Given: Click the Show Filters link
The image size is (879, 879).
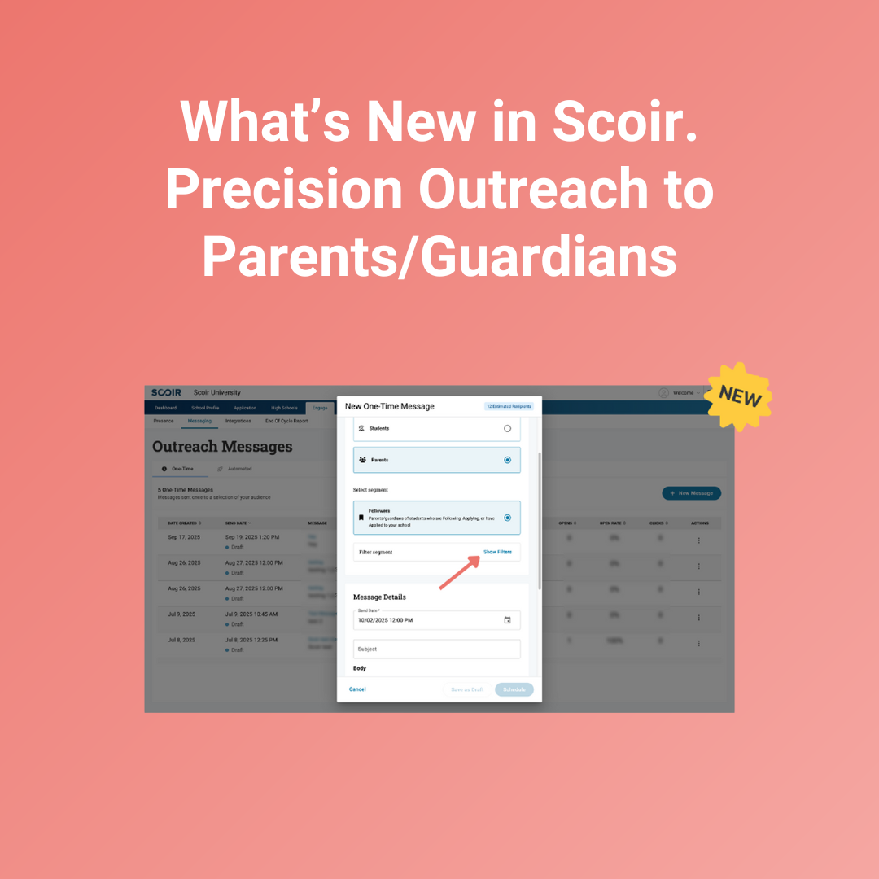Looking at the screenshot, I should click(497, 552).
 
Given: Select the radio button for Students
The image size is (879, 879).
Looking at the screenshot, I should click(508, 428).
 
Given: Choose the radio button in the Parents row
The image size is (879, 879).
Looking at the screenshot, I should click(508, 460).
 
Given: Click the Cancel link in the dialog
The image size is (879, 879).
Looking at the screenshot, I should click(357, 689).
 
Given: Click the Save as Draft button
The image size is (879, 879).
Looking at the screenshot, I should click(467, 689).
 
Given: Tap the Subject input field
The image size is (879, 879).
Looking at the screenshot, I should click(436, 649).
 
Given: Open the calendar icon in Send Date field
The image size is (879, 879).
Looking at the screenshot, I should click(507, 620).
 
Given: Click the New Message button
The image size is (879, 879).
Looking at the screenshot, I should click(691, 493).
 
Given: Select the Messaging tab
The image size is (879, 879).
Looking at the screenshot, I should click(199, 421).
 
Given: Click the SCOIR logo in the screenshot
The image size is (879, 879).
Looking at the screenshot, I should click(166, 393).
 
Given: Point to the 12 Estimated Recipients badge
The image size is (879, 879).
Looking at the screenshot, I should click(509, 406).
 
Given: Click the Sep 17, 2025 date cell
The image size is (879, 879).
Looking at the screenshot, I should click(184, 537).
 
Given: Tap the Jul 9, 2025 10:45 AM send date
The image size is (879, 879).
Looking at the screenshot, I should click(251, 614).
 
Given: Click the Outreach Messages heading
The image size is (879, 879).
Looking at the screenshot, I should click(222, 447).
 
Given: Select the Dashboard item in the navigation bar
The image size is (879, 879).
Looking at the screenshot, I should click(165, 408).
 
